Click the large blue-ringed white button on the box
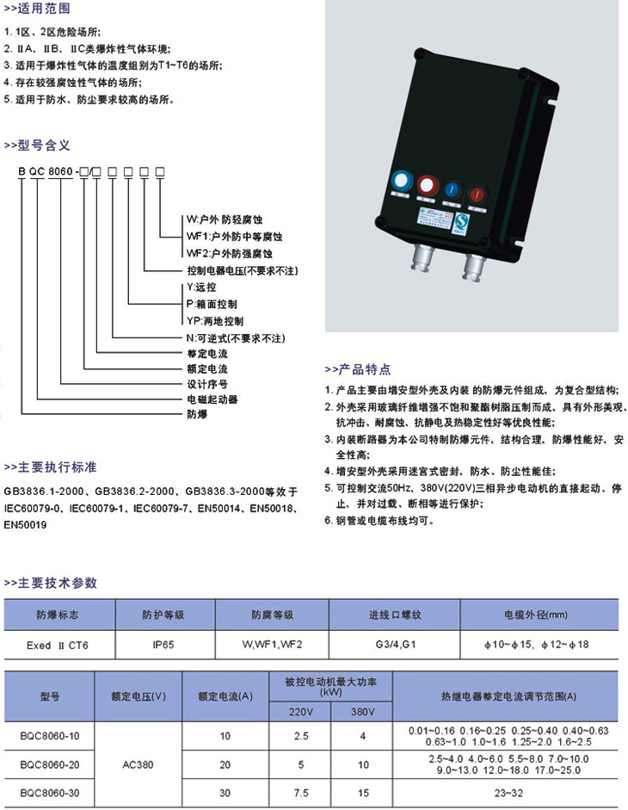[x=401, y=182]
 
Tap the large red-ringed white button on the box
[x=427, y=185]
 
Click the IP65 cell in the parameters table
[x=163, y=645]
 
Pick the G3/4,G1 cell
[x=396, y=645]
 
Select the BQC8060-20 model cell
[x=50, y=764]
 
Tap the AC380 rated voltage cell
[x=138, y=764]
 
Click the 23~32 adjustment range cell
[x=508, y=793]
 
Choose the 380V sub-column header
[x=362, y=712]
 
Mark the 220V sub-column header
[x=300, y=712]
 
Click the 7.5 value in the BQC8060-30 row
[x=301, y=793]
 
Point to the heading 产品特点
[x=365, y=369]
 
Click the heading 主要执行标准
[x=57, y=467]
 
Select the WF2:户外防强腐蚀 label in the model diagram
[x=230, y=253]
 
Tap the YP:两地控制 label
[x=215, y=321]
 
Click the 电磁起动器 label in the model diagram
[x=212, y=399]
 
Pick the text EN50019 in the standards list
[x=25, y=525]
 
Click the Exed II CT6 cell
[x=58, y=646]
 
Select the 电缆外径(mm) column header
[x=536, y=615]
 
